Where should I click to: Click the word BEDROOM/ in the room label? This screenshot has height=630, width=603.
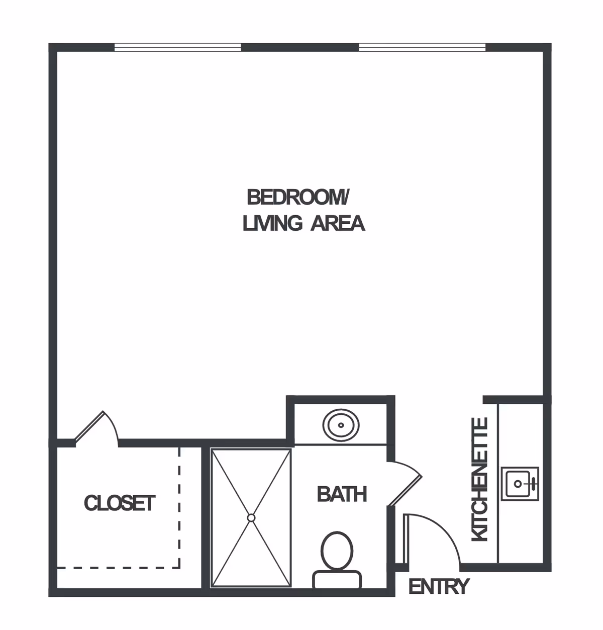click(297, 198)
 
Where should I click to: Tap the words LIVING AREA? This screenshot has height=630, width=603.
click(304, 223)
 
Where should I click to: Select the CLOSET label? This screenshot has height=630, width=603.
click(120, 503)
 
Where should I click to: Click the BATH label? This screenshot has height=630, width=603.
click(342, 495)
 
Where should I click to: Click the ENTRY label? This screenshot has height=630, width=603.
click(439, 587)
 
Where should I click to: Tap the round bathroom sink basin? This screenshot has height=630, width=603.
click(341, 425)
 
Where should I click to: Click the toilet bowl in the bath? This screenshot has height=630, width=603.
click(337, 551)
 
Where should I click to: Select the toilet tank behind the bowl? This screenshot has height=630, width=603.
click(337, 579)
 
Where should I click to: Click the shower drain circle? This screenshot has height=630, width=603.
click(251, 517)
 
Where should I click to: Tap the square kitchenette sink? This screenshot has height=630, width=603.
click(519, 484)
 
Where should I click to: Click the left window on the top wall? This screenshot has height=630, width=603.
click(178, 48)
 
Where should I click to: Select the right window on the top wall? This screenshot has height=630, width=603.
click(422, 48)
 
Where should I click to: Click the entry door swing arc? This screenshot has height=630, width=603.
click(437, 533)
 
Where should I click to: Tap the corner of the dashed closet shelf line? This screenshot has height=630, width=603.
click(179, 567)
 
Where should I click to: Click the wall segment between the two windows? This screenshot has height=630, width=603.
click(300, 48)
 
